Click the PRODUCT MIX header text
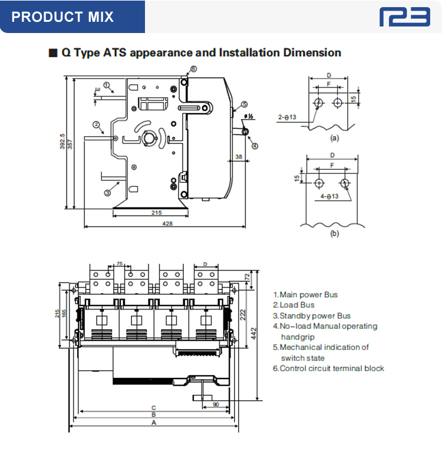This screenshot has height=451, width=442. coord(62,16)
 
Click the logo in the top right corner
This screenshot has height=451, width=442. coord(404,17)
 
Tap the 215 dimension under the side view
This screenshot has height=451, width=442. coord(157,212)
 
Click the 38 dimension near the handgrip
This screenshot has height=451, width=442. coord(239,157)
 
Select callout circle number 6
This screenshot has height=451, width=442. coord(193,69)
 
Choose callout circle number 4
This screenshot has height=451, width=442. coord(255,146)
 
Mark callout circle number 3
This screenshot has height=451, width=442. coord(108,192)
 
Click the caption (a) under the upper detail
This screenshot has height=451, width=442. coord(334,138)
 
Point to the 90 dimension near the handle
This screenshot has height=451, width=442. coord(216,404)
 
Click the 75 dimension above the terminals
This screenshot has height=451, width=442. coord(120,264)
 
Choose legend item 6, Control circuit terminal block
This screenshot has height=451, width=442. coord(328,368)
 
